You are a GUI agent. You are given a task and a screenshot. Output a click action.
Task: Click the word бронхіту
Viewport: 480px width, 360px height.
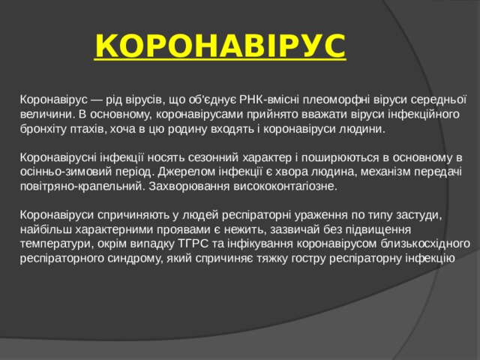(x=43, y=130)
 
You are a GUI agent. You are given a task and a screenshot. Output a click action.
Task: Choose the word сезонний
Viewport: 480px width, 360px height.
(x=224, y=157)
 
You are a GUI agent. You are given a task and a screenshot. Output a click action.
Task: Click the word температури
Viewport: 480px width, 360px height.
(x=54, y=244)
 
